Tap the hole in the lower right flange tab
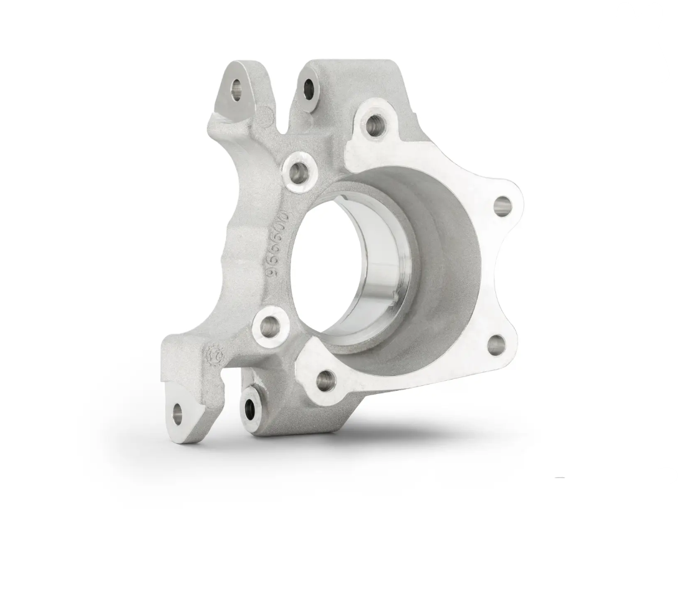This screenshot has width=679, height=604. (496, 344)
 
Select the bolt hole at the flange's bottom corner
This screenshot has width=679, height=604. (325, 378)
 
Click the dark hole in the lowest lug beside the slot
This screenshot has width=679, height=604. (251, 408)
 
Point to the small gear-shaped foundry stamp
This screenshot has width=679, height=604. (213, 356)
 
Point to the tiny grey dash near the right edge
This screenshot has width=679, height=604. (560, 478)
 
